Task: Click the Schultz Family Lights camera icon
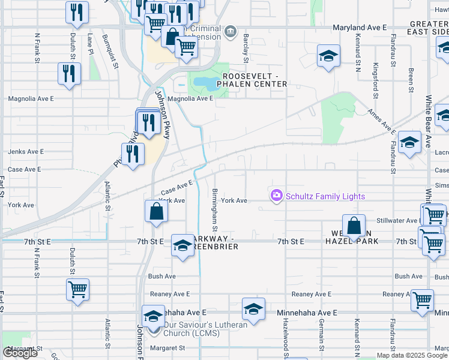pos(276,196)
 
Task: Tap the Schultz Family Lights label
pos(325,196)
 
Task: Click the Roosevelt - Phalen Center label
pos(254,80)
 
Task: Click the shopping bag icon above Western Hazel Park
pos(354,227)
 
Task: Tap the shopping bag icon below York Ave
pos(156,212)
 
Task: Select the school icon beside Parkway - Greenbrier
pos(183,246)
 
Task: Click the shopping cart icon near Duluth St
pos(78,290)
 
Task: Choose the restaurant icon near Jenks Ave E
pos(133,155)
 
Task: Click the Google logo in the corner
pos(20,353)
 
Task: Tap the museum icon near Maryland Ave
pos(229,31)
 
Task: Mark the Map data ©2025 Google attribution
pos(411,355)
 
